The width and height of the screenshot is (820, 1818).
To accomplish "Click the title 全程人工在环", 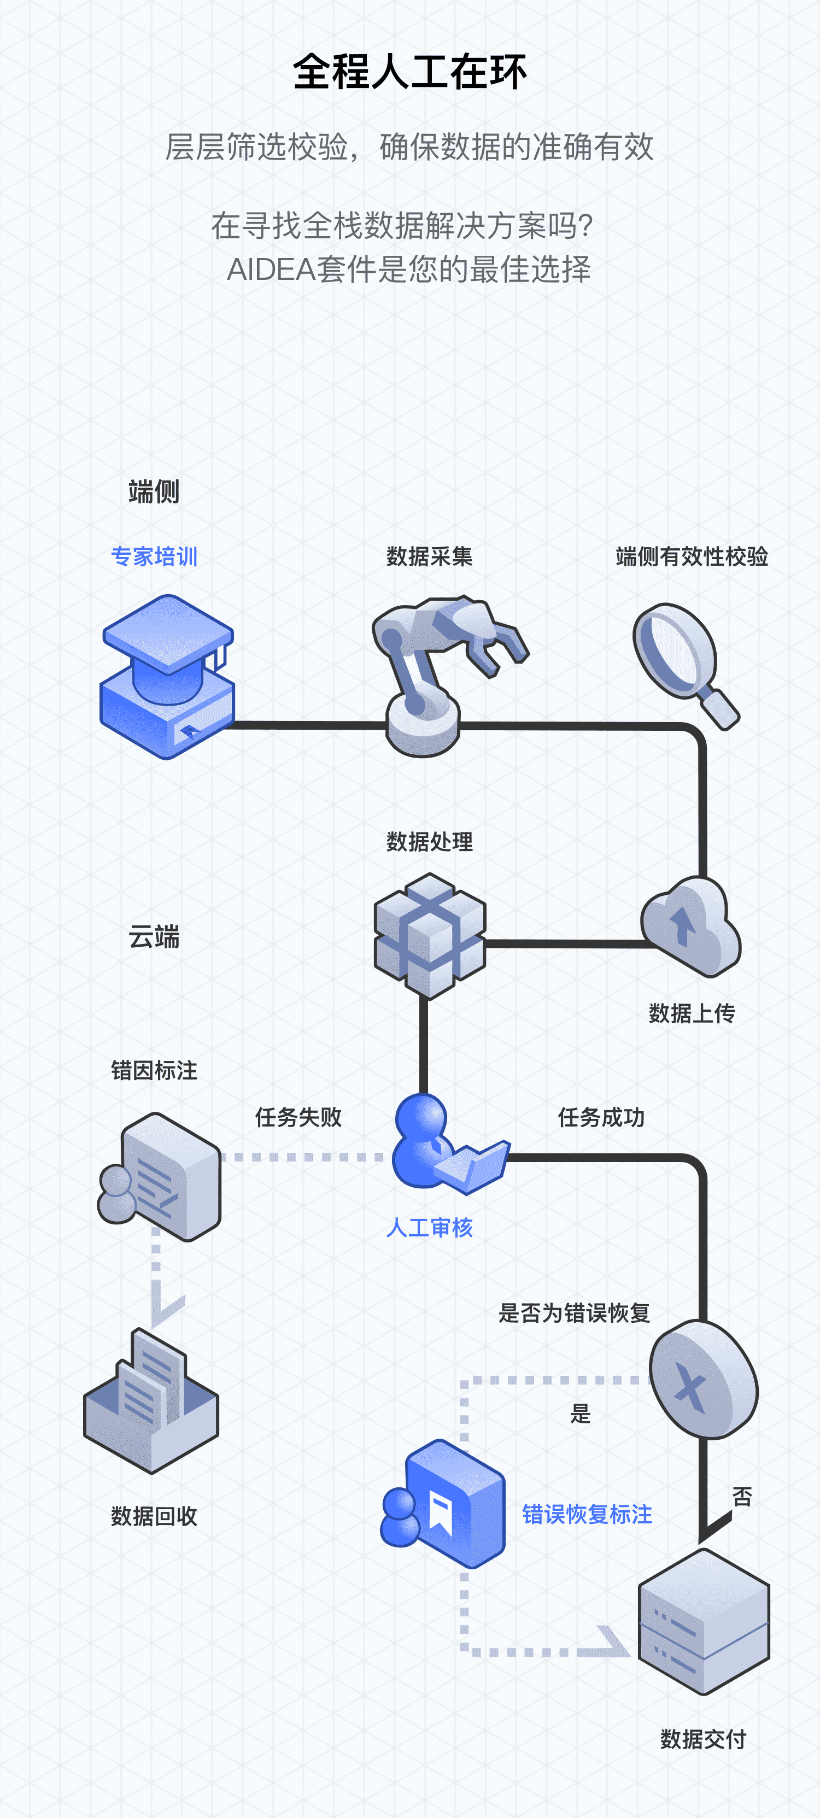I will point(409,72).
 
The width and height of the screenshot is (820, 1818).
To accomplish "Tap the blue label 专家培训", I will point(154,557).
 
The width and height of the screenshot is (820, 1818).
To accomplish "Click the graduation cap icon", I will point(168,676).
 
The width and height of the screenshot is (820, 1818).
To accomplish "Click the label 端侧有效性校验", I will point(692,557).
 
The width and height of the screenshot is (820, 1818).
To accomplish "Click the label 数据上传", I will point(692,1013).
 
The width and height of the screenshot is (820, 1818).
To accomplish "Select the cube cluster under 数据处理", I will point(429,935).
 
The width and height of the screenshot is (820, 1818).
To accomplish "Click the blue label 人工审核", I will point(429,1228).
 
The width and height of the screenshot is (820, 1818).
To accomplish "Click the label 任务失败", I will point(298,1117).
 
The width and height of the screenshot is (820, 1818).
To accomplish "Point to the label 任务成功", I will point(601,1117).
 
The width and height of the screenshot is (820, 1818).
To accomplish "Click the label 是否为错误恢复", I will point(573,1313).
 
